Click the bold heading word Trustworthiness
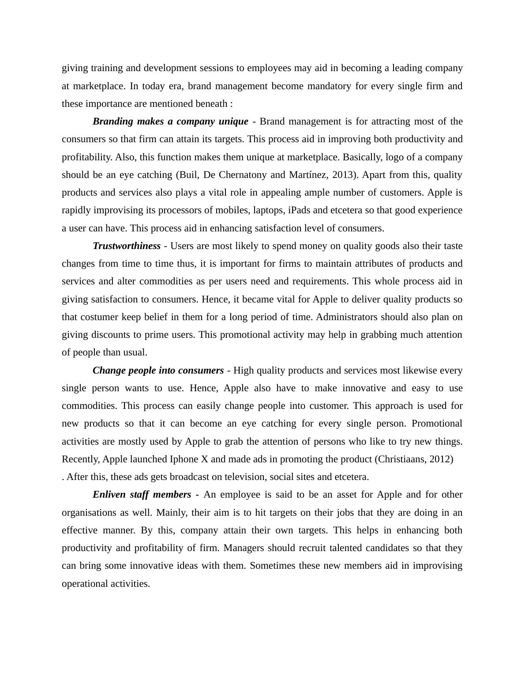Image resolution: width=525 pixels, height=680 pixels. coord(127,246)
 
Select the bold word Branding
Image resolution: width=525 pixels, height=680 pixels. coord(112,121)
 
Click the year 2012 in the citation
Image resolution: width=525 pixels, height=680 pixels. coord(439,459)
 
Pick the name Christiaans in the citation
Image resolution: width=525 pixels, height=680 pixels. coord(401,459)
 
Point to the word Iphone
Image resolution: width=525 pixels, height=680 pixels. coord(184,459)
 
